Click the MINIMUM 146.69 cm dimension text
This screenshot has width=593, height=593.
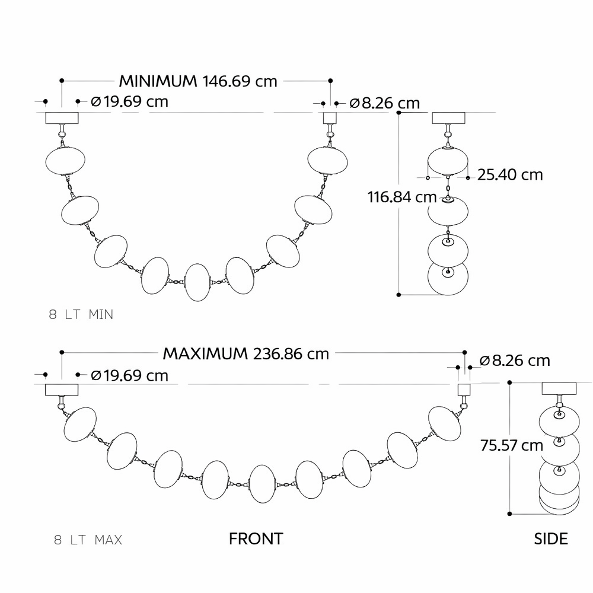point(198,81)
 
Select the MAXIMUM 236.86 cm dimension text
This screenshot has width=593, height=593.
point(246,354)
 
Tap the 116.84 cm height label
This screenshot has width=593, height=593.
point(397,197)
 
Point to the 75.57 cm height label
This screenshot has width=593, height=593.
point(512,445)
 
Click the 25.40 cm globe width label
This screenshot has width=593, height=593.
point(510,175)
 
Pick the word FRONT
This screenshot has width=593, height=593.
point(256,539)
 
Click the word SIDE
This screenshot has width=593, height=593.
point(551,539)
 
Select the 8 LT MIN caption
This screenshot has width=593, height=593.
point(81,315)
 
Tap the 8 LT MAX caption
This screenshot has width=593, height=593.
point(88,540)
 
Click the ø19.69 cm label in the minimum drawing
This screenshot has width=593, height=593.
point(130,102)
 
